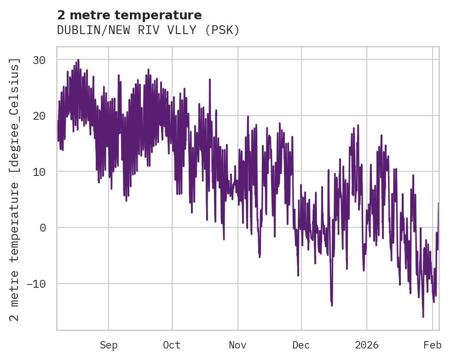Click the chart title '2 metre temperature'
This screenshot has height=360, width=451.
(129, 15)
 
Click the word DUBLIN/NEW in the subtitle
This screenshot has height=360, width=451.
(85, 30)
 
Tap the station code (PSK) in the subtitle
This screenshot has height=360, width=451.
(222, 30)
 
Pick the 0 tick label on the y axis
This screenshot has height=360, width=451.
(46, 227)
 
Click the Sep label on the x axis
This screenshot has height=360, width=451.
(109, 345)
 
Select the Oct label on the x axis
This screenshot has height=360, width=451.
(172, 345)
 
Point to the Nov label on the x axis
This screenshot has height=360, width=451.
(237, 345)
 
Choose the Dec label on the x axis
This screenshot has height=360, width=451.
(301, 345)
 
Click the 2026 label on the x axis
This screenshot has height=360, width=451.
(367, 345)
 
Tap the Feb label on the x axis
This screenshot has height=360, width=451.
(433, 345)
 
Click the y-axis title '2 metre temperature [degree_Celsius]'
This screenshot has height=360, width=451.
(15, 189)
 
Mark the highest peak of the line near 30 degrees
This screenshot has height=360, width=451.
(78, 60)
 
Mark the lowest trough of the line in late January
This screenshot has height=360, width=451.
(423, 316)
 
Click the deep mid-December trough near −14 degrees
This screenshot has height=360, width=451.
(331, 305)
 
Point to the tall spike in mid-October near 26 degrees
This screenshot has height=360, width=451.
(210, 80)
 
